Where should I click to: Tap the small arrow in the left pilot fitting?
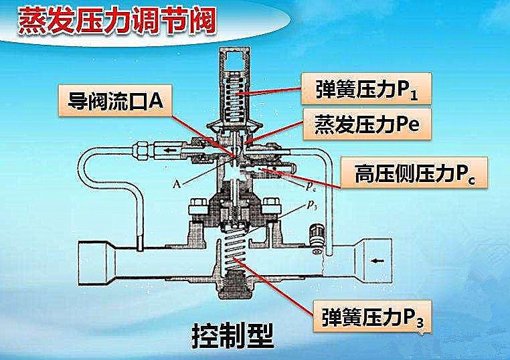point(163,149)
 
